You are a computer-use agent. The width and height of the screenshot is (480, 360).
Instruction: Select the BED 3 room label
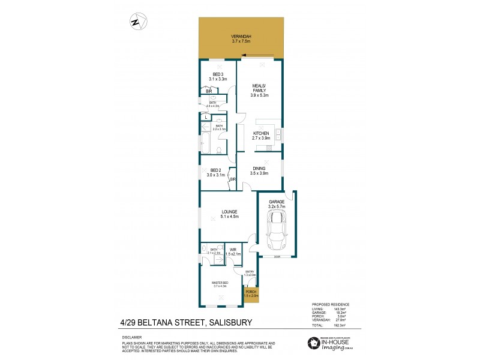coord(218,77)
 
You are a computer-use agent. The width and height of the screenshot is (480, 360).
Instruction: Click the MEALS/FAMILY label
coord(260,91)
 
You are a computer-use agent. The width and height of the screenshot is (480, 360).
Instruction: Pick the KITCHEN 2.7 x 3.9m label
coord(262,136)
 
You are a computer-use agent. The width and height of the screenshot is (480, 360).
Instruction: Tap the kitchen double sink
coord(279,136)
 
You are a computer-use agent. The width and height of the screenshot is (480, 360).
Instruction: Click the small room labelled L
coord(206,117)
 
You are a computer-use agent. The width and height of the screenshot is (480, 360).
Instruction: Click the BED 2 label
coord(216,173)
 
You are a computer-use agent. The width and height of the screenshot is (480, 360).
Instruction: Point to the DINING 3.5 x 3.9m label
coord(260,170)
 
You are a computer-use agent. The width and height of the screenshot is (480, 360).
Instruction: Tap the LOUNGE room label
coord(229,214)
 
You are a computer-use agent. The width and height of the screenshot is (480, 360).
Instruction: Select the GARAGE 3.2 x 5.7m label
coord(277,204)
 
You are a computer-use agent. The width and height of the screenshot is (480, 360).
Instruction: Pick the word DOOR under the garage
coord(277,257)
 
